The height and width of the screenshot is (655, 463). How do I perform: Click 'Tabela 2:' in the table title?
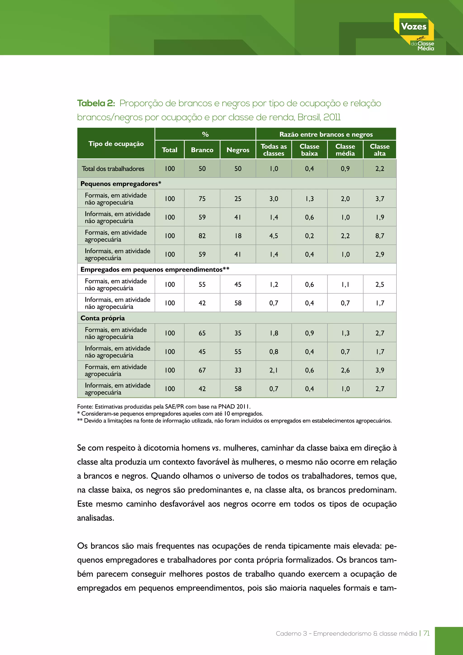(96, 103)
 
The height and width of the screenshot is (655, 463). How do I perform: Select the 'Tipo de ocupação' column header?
(116, 143)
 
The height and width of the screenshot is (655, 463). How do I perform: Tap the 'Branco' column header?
(202, 150)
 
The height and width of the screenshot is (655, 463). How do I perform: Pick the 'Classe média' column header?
(345, 150)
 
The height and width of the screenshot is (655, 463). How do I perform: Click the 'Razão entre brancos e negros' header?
(326, 134)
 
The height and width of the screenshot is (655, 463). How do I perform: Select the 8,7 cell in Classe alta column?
(380, 236)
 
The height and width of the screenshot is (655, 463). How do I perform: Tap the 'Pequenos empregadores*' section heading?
(120, 184)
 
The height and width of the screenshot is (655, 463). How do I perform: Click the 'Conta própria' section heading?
(103, 318)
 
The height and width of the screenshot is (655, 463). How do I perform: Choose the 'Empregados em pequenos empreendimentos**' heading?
(155, 270)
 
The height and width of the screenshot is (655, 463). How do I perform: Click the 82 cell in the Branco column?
(202, 236)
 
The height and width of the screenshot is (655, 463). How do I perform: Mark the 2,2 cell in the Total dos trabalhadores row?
(380, 168)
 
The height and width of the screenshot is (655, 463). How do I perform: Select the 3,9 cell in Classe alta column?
(380, 370)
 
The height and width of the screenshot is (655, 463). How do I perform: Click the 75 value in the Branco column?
(202, 199)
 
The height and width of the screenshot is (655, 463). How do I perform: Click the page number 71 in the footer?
(427, 633)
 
